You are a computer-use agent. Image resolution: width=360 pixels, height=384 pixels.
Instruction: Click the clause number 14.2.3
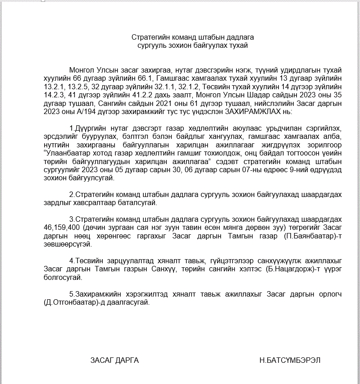[53, 95]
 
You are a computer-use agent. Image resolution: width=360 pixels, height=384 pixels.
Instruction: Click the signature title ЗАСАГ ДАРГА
[114, 360]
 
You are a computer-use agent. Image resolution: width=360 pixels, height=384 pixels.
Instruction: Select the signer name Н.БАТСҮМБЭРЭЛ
[290, 360]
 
